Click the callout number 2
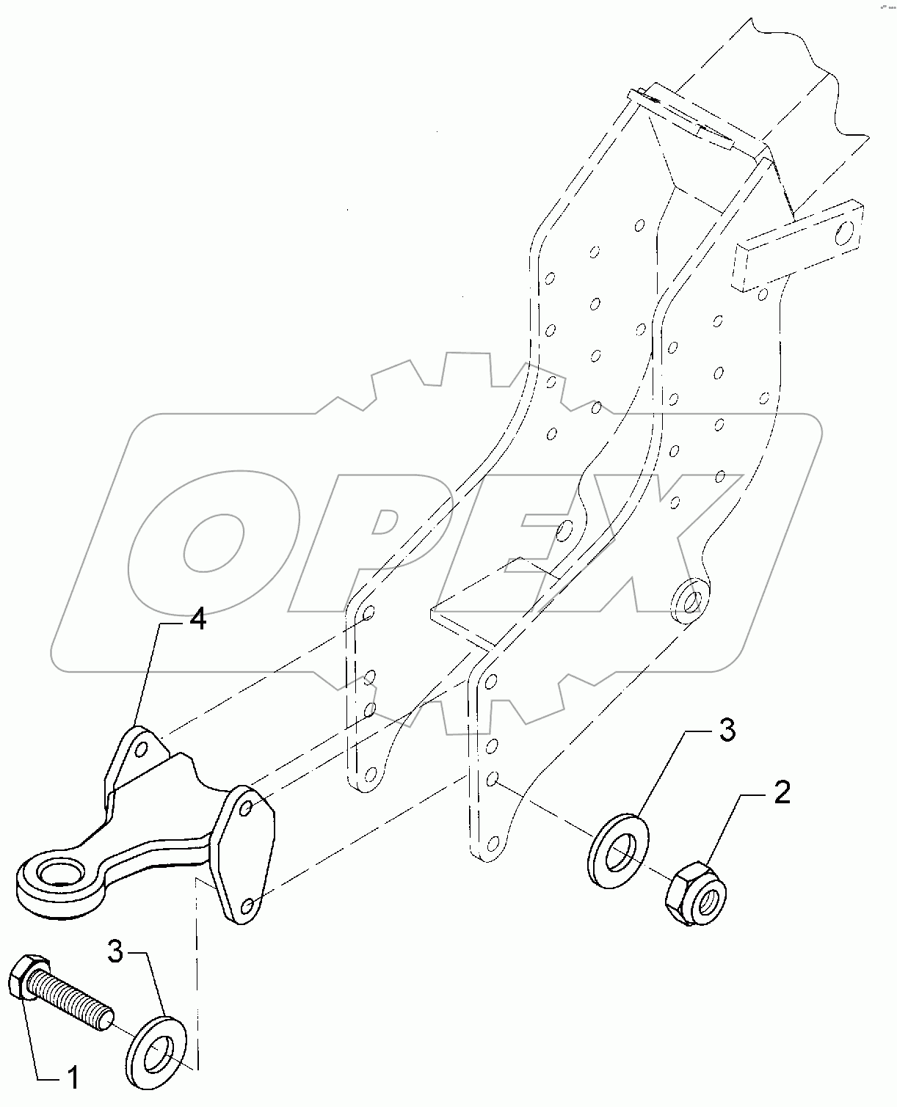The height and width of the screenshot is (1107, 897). [x=782, y=793]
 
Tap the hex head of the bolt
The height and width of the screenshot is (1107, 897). [x=27, y=978]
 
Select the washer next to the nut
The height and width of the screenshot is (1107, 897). [x=618, y=851]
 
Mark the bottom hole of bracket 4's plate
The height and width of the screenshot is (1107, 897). [x=247, y=907]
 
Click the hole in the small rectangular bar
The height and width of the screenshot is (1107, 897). [x=846, y=234]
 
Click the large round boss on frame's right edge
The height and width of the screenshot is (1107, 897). [x=690, y=596]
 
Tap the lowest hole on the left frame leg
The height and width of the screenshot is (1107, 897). [x=370, y=774]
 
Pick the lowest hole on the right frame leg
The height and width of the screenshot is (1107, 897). [x=493, y=841]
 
